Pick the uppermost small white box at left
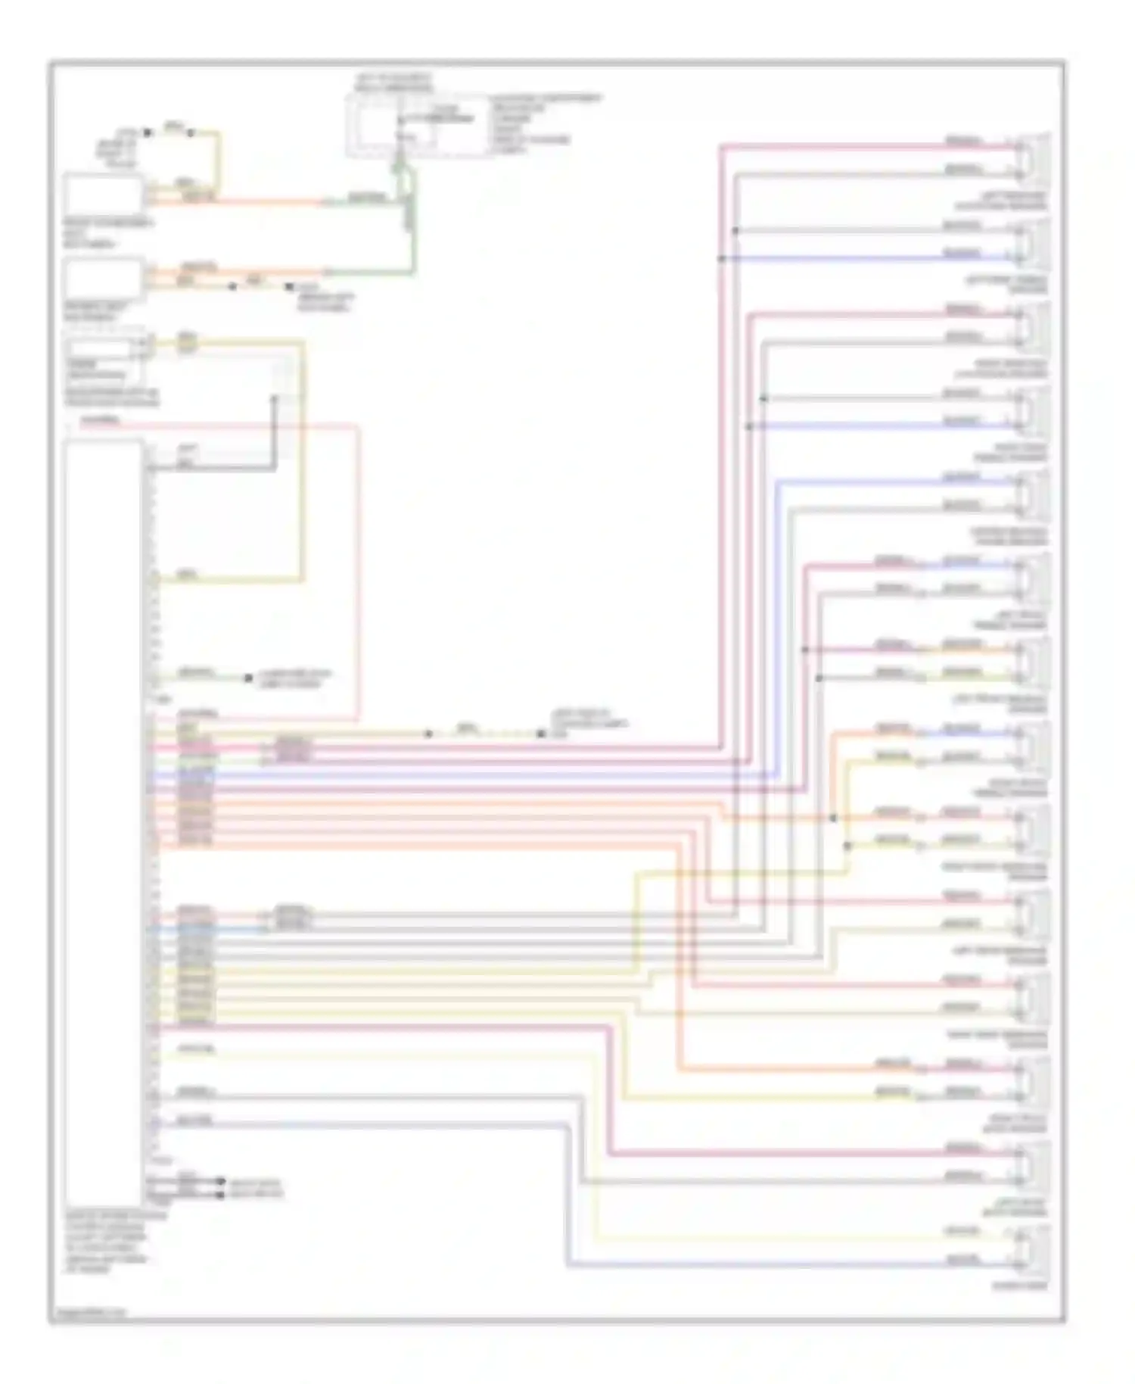(x=104, y=195)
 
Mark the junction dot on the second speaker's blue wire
(x=721, y=259)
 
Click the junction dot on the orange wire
(x=833, y=818)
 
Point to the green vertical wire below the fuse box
(x=413, y=227)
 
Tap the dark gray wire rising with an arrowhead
(x=275, y=432)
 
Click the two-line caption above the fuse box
(x=393, y=83)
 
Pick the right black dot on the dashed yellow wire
(x=541, y=734)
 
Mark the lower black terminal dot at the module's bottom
(x=220, y=1195)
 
